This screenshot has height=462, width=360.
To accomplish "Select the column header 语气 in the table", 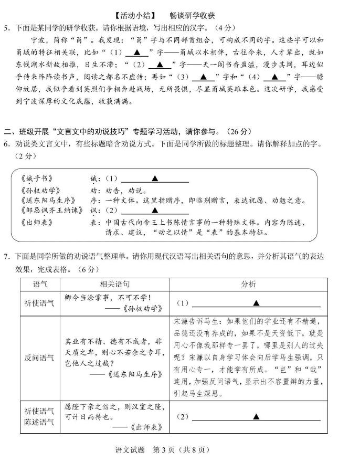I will [39, 284].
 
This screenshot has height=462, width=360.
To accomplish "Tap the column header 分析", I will [248, 284].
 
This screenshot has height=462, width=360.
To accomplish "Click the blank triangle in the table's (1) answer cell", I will [256, 303].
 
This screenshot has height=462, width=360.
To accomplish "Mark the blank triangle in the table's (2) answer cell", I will [256, 417].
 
